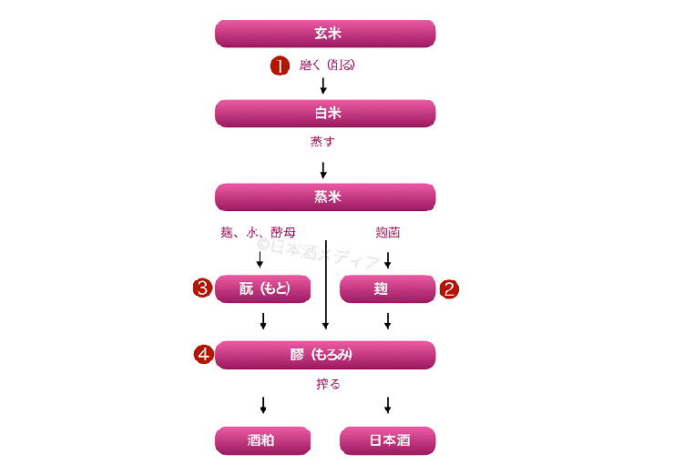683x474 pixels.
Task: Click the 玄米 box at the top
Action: point(325,34)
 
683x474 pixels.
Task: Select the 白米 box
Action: point(325,113)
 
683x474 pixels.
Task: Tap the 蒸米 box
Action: point(325,197)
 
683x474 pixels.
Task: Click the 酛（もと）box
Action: point(263,288)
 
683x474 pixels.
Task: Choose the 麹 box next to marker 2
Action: point(387,288)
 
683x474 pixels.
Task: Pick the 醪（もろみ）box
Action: point(325,355)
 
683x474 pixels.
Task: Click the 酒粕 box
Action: point(263,440)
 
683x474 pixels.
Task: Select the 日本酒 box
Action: point(387,440)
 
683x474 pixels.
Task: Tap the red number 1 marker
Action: point(280,66)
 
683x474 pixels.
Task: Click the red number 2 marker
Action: point(449,289)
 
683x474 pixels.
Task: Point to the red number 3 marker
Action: point(202,288)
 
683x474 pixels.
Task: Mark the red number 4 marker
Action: point(203,355)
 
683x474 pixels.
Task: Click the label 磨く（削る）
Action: point(327,66)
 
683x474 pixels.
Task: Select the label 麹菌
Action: point(388,232)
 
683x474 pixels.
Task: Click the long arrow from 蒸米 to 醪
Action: point(325,287)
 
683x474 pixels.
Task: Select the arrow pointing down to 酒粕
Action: point(263,406)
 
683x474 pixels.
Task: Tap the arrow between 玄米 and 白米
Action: point(323,86)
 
